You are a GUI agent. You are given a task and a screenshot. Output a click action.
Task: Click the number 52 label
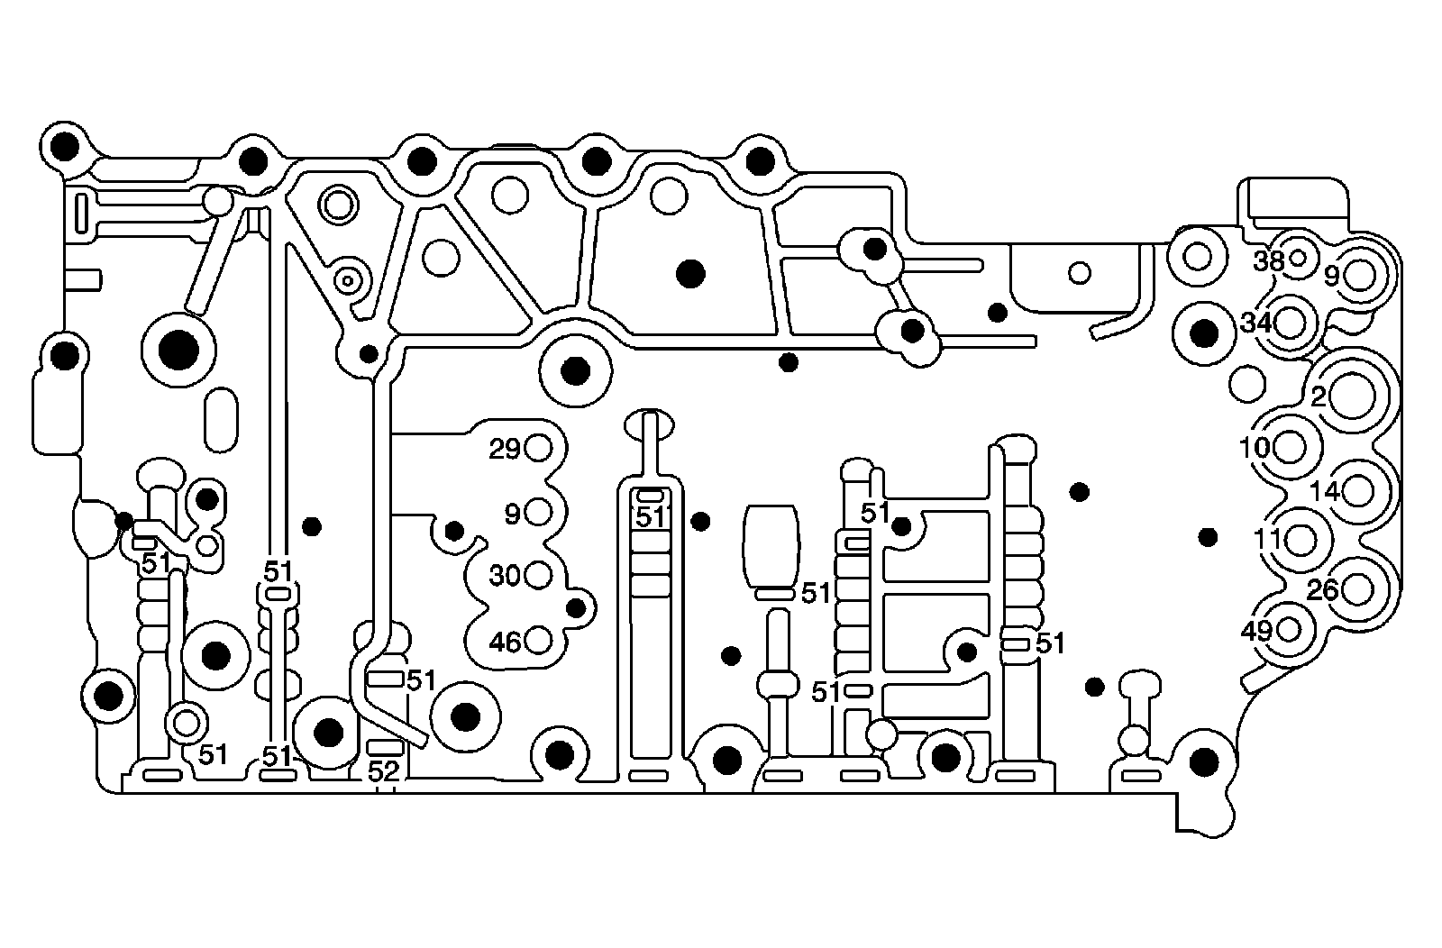384,771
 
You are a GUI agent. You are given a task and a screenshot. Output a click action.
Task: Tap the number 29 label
505,449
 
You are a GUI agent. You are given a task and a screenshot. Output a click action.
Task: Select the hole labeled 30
538,574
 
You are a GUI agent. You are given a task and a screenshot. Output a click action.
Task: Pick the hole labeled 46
538,641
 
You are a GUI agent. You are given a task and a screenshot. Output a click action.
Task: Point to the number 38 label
1269,261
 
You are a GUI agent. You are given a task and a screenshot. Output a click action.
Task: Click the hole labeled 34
1291,322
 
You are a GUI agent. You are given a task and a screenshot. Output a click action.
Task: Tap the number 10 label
1255,447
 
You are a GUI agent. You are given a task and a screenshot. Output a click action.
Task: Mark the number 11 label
1267,539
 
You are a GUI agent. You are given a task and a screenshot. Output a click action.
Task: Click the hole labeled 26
1356,590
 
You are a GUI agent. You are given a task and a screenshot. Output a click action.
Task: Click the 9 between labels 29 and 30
512,515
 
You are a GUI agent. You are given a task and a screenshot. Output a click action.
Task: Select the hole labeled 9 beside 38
1359,275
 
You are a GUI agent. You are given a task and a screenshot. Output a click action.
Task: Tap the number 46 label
505,643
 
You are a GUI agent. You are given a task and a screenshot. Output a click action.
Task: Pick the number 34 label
1255,322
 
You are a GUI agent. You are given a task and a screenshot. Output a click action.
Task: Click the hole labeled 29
538,448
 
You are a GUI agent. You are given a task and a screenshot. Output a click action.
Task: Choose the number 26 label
1322,590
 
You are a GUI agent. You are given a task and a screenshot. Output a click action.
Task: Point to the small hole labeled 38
1298,258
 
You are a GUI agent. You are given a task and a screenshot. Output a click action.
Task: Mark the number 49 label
1256,631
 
